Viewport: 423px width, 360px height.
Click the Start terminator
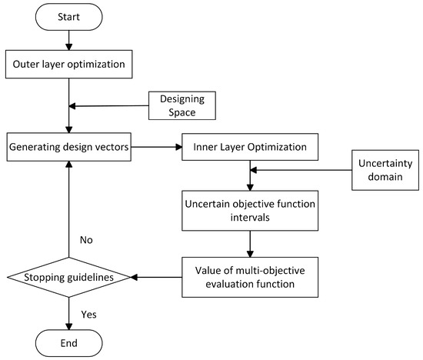[x=69, y=16]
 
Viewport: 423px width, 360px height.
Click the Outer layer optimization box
[x=69, y=64]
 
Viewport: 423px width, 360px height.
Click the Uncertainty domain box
[x=385, y=170]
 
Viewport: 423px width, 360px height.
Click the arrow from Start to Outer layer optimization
[x=69, y=39]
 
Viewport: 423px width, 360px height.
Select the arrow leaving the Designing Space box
[x=108, y=106]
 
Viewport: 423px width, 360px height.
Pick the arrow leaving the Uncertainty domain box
[x=300, y=170]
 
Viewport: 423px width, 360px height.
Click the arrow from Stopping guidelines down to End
[x=69, y=309]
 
